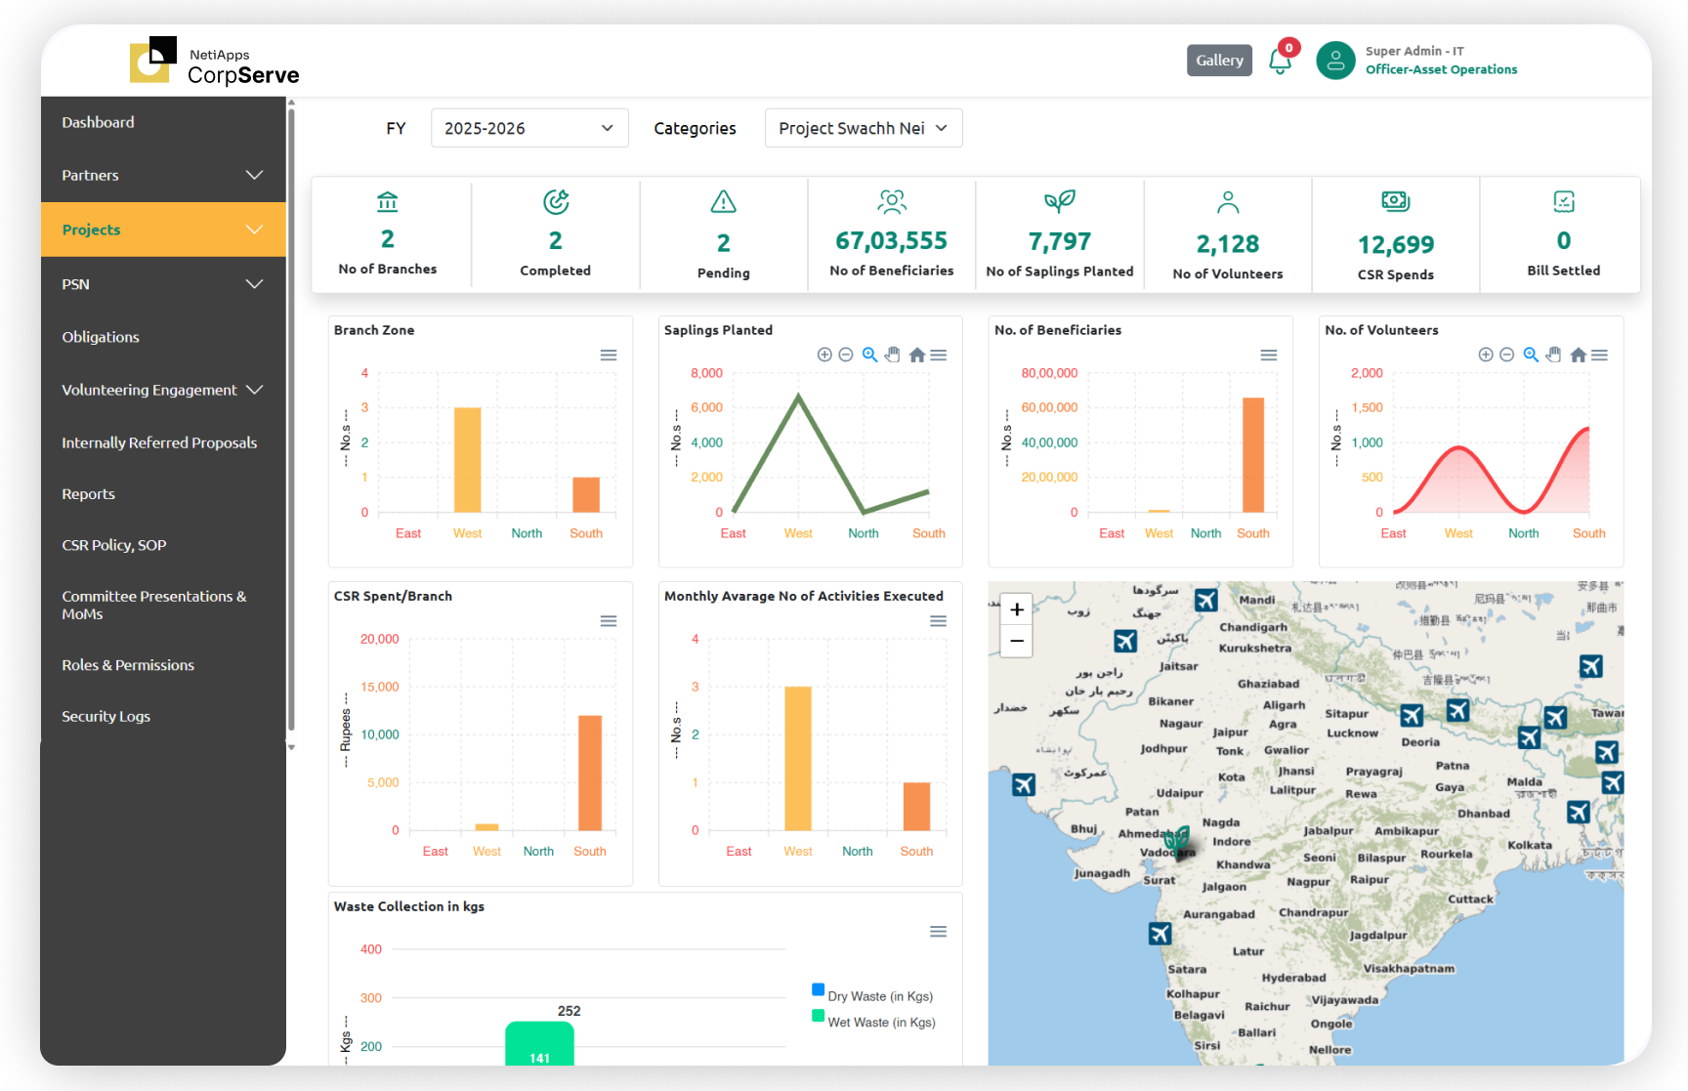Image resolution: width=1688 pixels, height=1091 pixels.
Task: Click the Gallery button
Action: pyautogui.click(x=1219, y=61)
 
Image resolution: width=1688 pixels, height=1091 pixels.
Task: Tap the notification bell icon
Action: pyautogui.click(x=1280, y=62)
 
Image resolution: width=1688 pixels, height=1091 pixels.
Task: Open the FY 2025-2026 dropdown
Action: pyautogui.click(x=528, y=128)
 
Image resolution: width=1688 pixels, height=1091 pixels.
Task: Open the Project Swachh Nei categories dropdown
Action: pyautogui.click(x=863, y=128)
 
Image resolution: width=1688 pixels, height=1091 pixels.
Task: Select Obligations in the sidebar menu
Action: pyautogui.click(x=101, y=337)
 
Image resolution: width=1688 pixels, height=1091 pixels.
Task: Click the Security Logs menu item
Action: pyautogui.click(x=105, y=716)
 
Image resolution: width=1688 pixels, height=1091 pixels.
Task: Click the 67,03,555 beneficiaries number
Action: pyautogui.click(x=891, y=240)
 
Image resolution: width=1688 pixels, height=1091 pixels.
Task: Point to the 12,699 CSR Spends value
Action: pyautogui.click(x=1395, y=244)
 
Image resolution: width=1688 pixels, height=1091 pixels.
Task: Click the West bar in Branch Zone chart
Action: pyautogui.click(x=467, y=459)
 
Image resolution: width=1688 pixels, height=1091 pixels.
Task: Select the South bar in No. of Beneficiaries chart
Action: pyautogui.click(x=1252, y=454)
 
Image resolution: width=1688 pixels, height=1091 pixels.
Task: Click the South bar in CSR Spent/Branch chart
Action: pyautogui.click(x=589, y=773)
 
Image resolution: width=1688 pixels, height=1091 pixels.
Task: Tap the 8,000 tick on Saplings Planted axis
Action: pyautogui.click(x=706, y=373)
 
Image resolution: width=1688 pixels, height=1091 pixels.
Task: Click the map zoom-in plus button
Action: pyautogui.click(x=1017, y=609)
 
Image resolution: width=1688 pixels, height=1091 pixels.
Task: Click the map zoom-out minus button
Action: pyautogui.click(x=1017, y=641)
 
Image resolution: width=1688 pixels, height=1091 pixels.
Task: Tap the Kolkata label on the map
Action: pyautogui.click(x=1529, y=845)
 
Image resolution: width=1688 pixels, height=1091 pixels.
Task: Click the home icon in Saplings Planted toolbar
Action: pyautogui.click(x=916, y=356)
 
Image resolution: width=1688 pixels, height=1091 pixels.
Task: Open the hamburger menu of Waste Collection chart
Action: pyautogui.click(x=938, y=932)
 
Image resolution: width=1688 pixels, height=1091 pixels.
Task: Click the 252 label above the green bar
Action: pyautogui.click(x=569, y=1011)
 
